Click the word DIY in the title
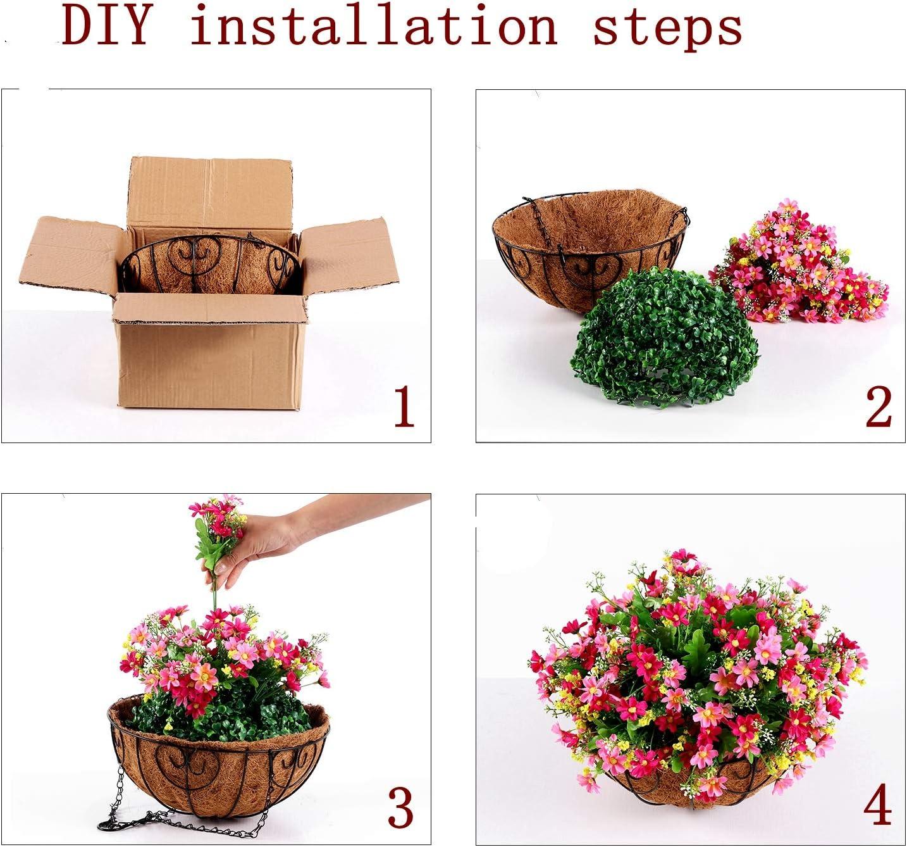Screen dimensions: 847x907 108,27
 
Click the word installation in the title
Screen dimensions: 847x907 373,27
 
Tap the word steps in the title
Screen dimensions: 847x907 667,29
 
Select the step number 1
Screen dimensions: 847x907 404,407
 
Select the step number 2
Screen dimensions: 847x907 879,407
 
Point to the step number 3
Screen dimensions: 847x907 400,807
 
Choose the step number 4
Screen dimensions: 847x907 878,806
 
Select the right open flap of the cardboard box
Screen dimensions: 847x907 348,253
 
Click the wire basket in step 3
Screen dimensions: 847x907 218,766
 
